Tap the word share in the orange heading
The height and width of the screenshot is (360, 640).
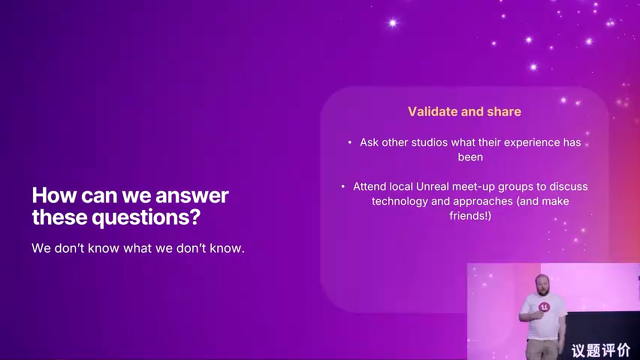(504, 111)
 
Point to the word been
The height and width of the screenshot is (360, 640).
(470, 157)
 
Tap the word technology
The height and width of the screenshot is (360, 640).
(399, 201)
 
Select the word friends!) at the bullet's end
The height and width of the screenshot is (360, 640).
(470, 215)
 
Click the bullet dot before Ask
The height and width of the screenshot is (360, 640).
(349, 142)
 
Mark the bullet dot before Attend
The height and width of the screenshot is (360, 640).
(343, 187)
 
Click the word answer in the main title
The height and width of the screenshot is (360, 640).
(191, 196)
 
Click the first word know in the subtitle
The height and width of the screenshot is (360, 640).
(103, 248)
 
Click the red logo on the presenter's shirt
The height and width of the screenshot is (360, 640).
(544, 307)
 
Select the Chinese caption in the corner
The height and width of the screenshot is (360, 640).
(601, 350)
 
